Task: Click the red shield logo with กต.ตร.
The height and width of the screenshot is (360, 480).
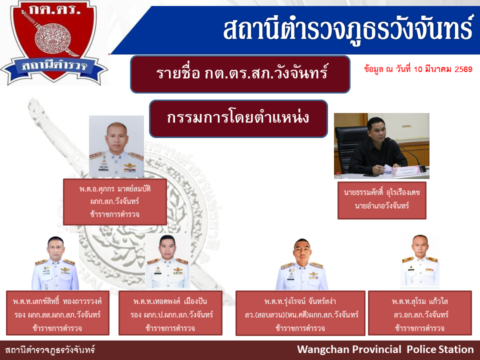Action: tap(54, 43)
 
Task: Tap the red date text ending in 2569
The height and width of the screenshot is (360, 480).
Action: tap(418, 69)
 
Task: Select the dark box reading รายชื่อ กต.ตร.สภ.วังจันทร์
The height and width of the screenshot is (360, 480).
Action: tap(240, 74)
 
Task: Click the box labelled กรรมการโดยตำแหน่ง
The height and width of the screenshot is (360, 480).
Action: tap(238, 118)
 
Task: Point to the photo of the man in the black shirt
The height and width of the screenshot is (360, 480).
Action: tap(381, 145)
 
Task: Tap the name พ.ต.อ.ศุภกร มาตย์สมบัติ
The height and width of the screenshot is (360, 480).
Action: tap(115, 189)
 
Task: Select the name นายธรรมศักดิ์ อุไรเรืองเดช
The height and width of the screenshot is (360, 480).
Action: tap(381, 192)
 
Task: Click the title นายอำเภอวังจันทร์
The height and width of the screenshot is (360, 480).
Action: tap(381, 205)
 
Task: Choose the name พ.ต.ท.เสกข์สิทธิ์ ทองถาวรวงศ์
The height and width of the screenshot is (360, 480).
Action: tap(57, 301)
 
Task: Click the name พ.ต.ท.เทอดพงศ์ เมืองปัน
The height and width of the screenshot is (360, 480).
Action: tap(170, 301)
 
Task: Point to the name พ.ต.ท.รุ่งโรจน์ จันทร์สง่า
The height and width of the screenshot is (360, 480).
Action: tap(300, 301)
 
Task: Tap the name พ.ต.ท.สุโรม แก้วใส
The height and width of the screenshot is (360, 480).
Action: tap(419, 301)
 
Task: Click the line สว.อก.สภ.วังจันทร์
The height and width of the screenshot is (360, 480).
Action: tap(421, 314)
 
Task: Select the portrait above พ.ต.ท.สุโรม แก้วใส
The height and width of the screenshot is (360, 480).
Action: tap(419, 261)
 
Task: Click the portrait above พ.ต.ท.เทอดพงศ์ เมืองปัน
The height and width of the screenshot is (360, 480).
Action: tap(168, 261)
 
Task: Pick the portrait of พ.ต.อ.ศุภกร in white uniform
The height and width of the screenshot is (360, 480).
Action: tap(116, 146)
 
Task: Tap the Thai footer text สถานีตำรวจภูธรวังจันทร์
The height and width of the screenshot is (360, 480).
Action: tap(50, 349)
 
